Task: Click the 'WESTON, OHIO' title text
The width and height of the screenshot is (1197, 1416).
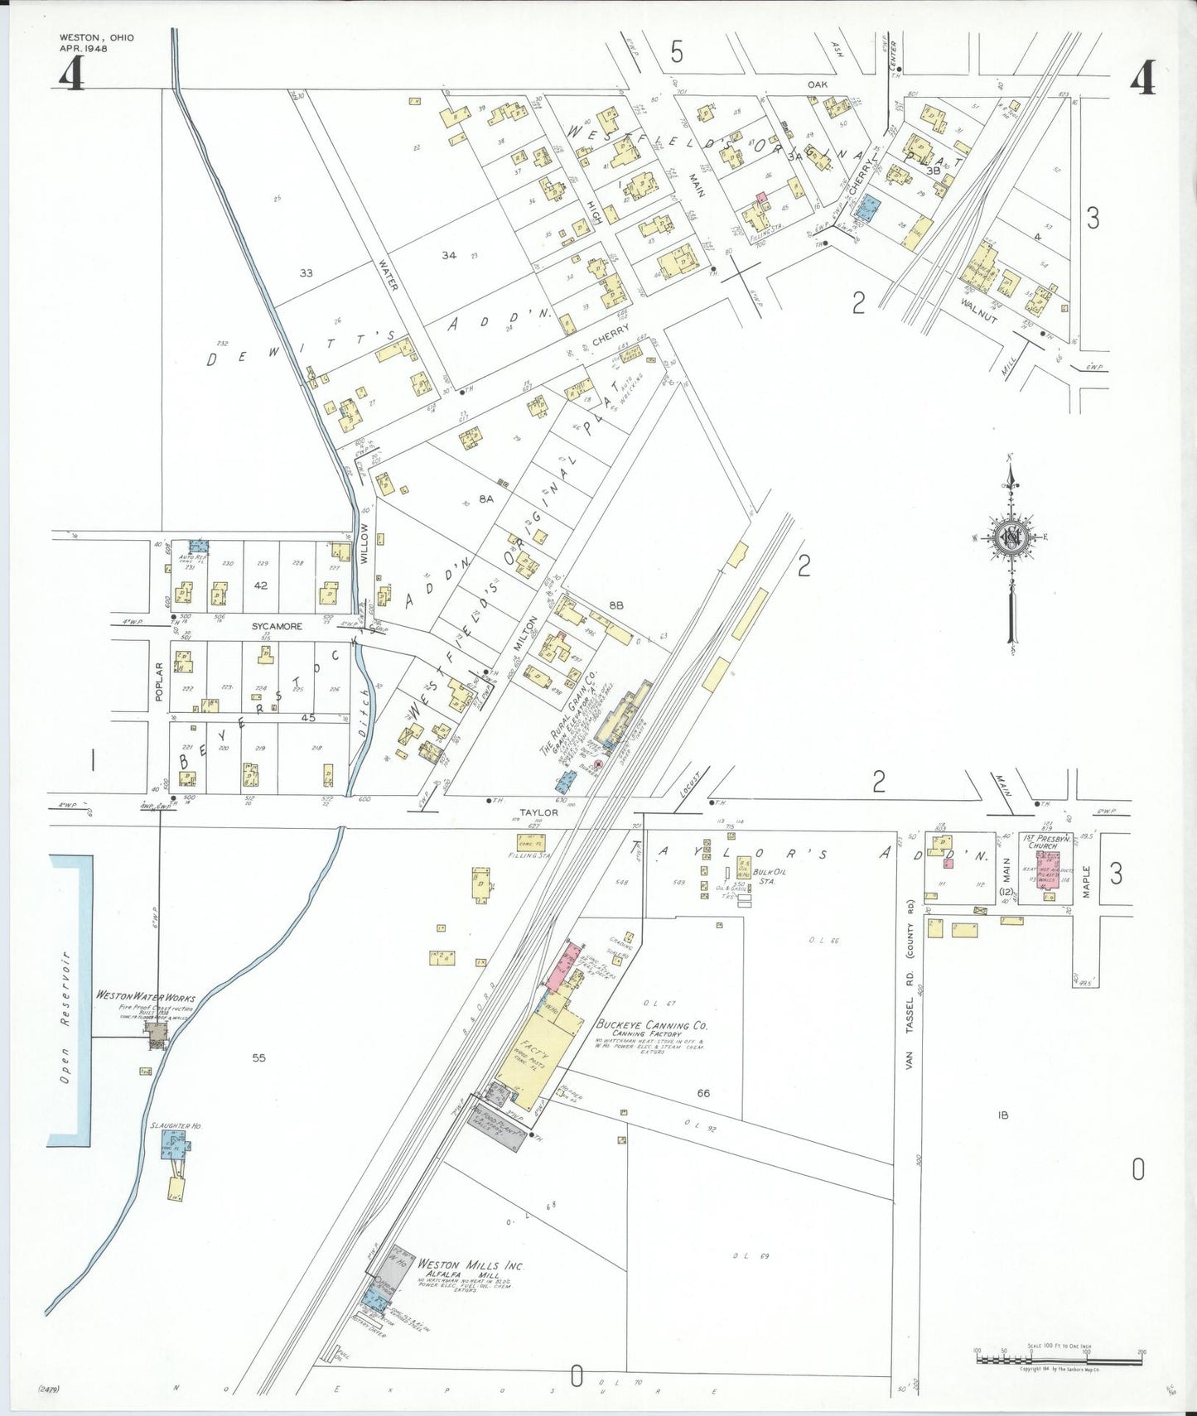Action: click(96, 37)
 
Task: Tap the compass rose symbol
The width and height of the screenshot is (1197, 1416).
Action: click(1011, 537)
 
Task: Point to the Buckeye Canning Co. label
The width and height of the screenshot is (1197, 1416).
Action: click(652, 1024)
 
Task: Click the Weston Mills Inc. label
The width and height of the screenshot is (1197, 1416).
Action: click(471, 1265)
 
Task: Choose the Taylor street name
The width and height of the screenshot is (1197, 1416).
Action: click(538, 812)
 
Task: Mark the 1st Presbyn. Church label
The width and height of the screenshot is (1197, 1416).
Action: click(1043, 841)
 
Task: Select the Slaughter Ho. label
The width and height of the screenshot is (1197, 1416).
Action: click(176, 1126)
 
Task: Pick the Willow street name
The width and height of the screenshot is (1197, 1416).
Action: click(364, 543)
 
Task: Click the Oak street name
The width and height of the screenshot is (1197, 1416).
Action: click(817, 84)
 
